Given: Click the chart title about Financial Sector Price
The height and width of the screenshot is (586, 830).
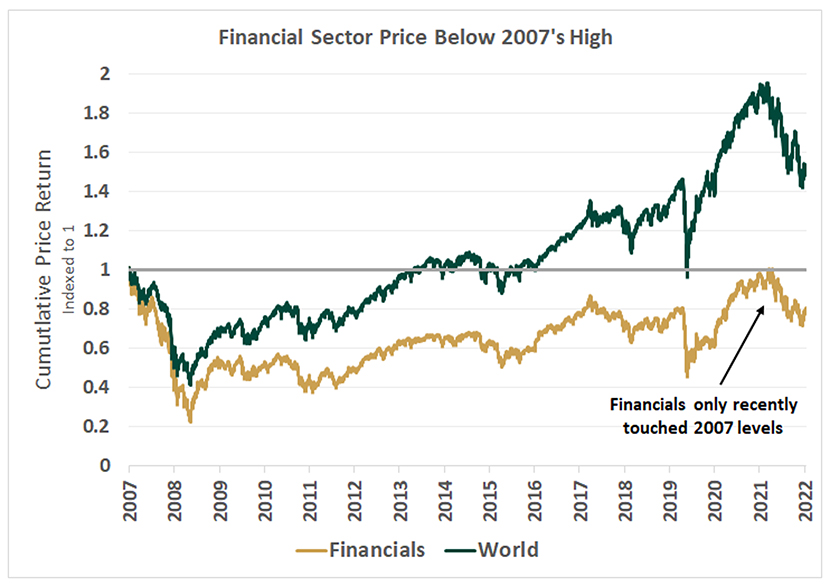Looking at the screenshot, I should (415, 39).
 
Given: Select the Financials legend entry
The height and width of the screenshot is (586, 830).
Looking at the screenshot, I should (364, 549).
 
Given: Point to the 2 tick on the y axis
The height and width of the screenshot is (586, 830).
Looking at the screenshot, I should (104, 74).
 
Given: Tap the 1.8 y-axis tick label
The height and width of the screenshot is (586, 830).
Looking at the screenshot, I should (98, 113).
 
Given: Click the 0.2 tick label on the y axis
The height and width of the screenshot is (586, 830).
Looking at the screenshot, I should (98, 426).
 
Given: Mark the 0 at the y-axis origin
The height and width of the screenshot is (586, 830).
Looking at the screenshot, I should (104, 465).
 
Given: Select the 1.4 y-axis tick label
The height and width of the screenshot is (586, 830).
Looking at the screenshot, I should (98, 191).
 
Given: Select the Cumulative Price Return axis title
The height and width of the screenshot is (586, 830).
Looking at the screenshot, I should (44, 270).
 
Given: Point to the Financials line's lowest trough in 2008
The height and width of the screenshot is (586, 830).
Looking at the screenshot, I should (190, 422).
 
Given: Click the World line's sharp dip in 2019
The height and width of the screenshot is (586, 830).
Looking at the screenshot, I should (687, 276).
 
